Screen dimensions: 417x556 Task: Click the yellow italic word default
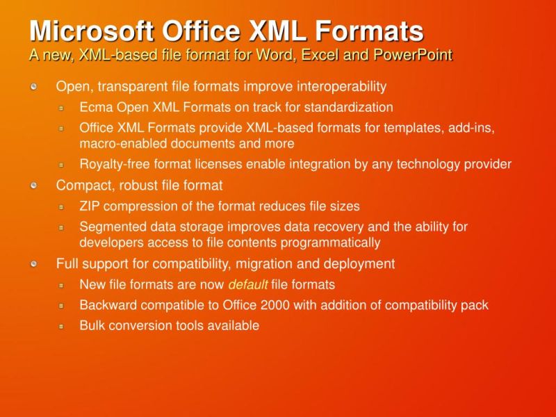247,285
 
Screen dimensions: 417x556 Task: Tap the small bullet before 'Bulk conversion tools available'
61,325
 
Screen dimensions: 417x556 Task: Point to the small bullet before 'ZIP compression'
61,206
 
